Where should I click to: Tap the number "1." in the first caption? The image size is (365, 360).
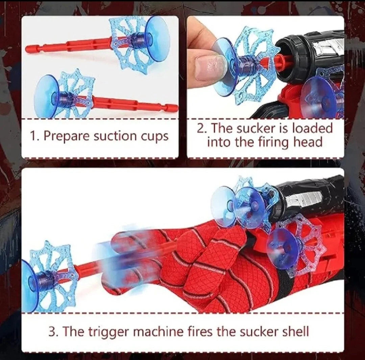pos(35,136)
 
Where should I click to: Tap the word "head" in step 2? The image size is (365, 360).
pos(308,142)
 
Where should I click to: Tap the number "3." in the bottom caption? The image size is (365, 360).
pos(53,332)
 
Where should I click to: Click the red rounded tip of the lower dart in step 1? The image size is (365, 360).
pos(174,108)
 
